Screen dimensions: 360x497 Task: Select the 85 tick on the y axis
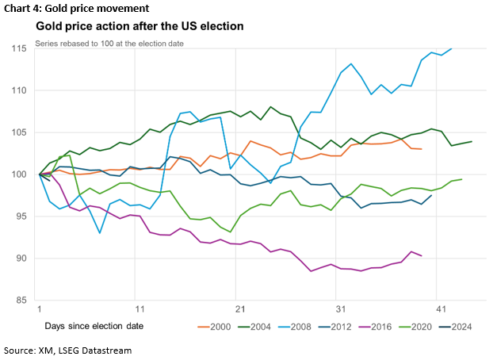[25, 301]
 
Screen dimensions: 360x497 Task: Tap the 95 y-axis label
[25, 216]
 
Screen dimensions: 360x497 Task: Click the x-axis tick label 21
[239, 308]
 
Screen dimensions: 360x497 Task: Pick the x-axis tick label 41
[438, 308]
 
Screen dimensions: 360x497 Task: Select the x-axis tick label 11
[139, 308]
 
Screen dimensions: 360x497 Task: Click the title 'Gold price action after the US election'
[140, 27]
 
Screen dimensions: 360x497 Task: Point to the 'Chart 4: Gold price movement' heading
[76, 9]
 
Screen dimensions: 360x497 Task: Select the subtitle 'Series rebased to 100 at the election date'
[109, 42]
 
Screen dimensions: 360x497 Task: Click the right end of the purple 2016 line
[421, 255]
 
